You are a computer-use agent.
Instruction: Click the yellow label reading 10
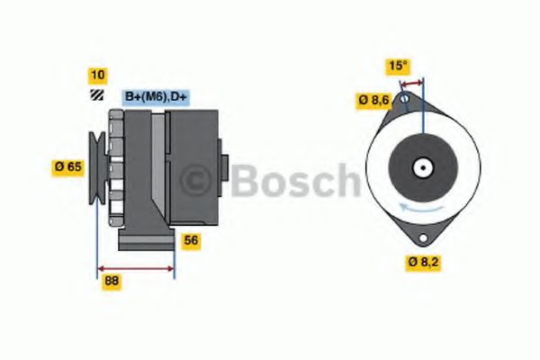pos(96,75)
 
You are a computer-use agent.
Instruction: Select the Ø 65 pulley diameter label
pos(69,166)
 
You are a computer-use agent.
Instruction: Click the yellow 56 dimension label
pos(191,240)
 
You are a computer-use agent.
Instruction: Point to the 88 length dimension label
pos(112,281)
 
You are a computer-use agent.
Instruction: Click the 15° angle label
pos(398,66)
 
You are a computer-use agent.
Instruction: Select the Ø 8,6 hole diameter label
pos(373,101)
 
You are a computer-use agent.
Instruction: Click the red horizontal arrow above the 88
pos(135,267)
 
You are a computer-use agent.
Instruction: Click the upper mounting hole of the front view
pos(405,98)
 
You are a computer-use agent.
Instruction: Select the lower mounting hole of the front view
pos(420,238)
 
